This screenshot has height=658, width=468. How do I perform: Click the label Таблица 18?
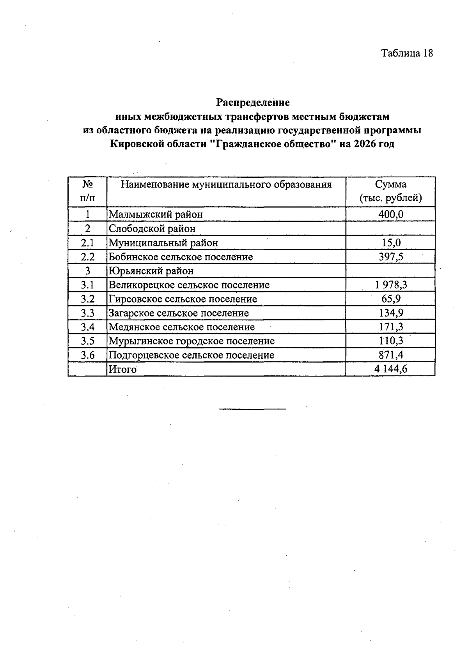pyautogui.click(x=407, y=53)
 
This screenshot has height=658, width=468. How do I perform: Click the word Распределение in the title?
pyautogui.click(x=253, y=103)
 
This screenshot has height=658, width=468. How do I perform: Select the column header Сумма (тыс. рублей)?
pyautogui.click(x=390, y=191)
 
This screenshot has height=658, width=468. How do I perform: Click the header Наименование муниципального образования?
pyautogui.click(x=226, y=184)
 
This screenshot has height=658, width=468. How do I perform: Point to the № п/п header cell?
pyautogui.click(x=87, y=191)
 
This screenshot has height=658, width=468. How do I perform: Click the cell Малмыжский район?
pyautogui.click(x=156, y=214)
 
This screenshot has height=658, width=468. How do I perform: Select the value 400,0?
pyautogui.click(x=391, y=214)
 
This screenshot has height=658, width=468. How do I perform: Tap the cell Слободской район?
pyautogui.click(x=152, y=228)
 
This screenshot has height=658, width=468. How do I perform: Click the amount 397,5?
pyautogui.click(x=391, y=257)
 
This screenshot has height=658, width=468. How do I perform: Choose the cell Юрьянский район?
pyautogui.click(x=151, y=271)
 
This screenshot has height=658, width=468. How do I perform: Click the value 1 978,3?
pyautogui.click(x=391, y=285)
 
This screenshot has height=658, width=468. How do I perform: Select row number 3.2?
pyautogui.click(x=88, y=299)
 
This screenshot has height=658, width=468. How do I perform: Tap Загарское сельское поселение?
pyautogui.click(x=179, y=313)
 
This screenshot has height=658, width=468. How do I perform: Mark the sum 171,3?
pyautogui.click(x=391, y=327)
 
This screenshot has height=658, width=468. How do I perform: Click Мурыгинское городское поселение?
pyautogui.click(x=191, y=341)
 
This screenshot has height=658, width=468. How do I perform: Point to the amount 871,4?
pyautogui.click(x=391, y=355)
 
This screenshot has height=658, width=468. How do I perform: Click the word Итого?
pyautogui.click(x=122, y=369)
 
